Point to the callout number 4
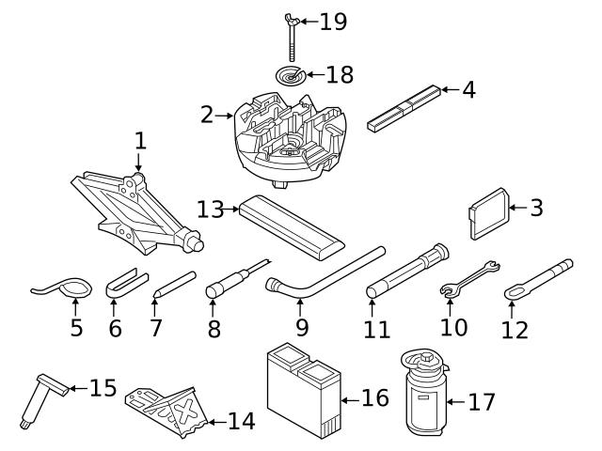[467, 90]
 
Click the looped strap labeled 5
[61, 288]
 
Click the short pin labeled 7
[173, 284]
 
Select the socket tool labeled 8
[230, 282]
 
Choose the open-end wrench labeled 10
[469, 279]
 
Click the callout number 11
[376, 331]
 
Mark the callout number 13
[211, 209]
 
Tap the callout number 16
[374, 398]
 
